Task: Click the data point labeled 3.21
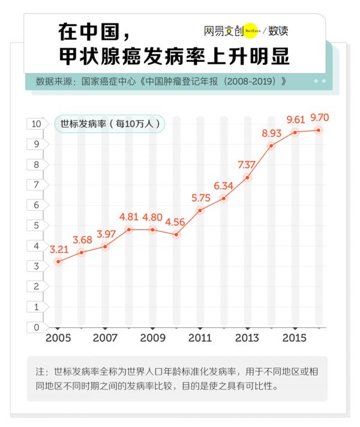click(58, 262)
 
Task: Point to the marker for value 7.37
click(247, 178)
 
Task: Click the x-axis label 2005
click(58, 338)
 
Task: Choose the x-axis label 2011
click(200, 338)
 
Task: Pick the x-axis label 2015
click(295, 338)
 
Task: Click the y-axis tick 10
click(35, 124)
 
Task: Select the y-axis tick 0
click(37, 327)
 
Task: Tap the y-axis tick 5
click(37, 225)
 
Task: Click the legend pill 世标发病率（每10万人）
click(109, 124)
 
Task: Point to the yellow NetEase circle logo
click(250, 31)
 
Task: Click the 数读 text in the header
click(278, 31)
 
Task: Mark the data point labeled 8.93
click(271, 146)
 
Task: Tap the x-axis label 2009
click(152, 338)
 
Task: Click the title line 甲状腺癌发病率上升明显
click(174, 56)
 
